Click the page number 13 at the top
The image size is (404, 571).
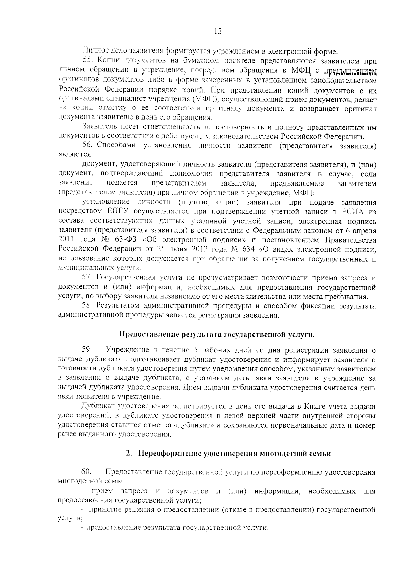[x=217, y=32]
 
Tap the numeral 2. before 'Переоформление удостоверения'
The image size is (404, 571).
[x=128, y=453]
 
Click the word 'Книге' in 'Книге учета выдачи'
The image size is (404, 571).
[x=313, y=406]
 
